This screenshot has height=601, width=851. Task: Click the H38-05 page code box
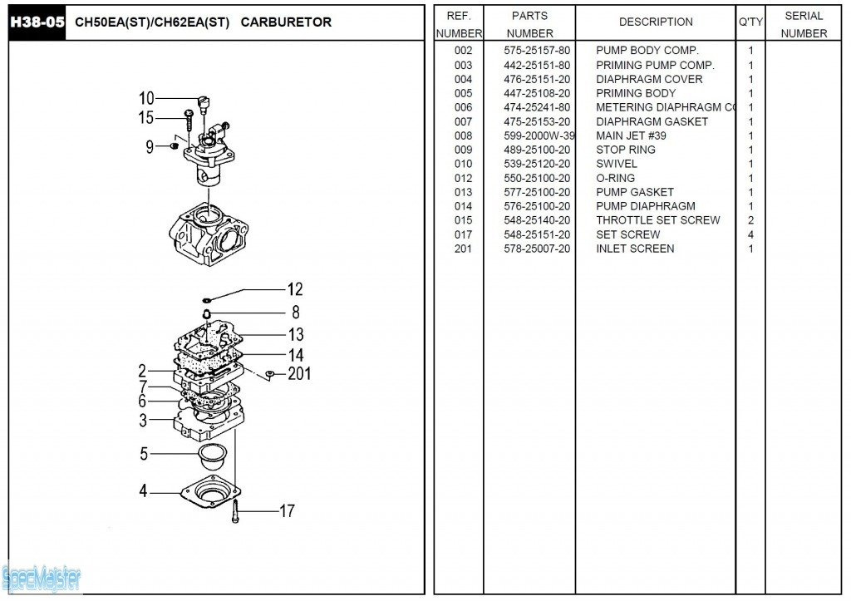click(37, 22)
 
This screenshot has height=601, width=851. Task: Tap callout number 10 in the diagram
click(146, 98)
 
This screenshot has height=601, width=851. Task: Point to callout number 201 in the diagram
click(299, 374)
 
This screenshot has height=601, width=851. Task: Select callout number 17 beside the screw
click(287, 511)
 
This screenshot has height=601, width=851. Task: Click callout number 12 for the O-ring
click(295, 290)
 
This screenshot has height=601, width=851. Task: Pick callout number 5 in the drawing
click(144, 454)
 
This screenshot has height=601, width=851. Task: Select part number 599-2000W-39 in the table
click(539, 135)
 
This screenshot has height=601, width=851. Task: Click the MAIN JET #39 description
click(631, 135)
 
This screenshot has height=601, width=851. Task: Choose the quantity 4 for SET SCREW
click(750, 234)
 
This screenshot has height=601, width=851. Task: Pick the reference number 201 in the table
click(463, 249)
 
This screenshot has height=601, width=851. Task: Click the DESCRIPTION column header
click(656, 22)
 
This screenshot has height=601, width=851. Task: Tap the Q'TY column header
click(750, 22)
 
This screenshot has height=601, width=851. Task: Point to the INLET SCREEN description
click(635, 249)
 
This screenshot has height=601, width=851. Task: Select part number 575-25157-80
click(537, 51)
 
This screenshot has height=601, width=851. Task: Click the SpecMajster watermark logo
click(42, 576)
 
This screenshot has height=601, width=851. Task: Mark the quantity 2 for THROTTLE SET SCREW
click(750, 220)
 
